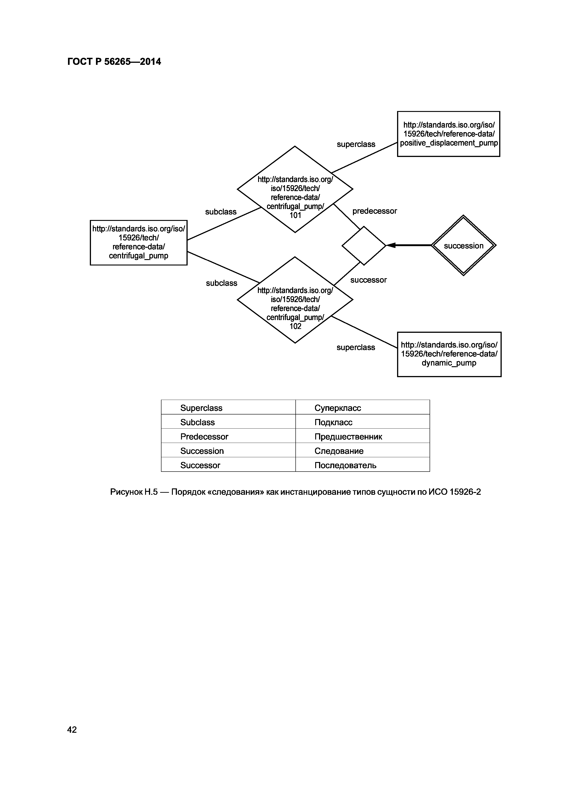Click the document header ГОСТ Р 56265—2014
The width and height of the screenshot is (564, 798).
tap(114, 62)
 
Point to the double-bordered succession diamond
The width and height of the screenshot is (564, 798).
tap(463, 246)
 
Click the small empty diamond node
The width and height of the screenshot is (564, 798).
tap(364, 246)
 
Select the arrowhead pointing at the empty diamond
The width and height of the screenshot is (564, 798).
tap(391, 245)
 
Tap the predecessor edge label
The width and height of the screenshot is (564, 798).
tap(374, 211)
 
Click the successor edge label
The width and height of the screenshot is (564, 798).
tap(368, 280)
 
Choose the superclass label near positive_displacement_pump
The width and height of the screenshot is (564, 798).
tap(356, 144)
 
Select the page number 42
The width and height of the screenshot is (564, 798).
tap(72, 730)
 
